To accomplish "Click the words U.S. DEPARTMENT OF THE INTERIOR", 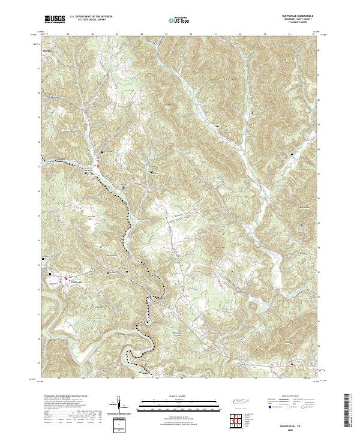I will (x=91, y=17).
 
